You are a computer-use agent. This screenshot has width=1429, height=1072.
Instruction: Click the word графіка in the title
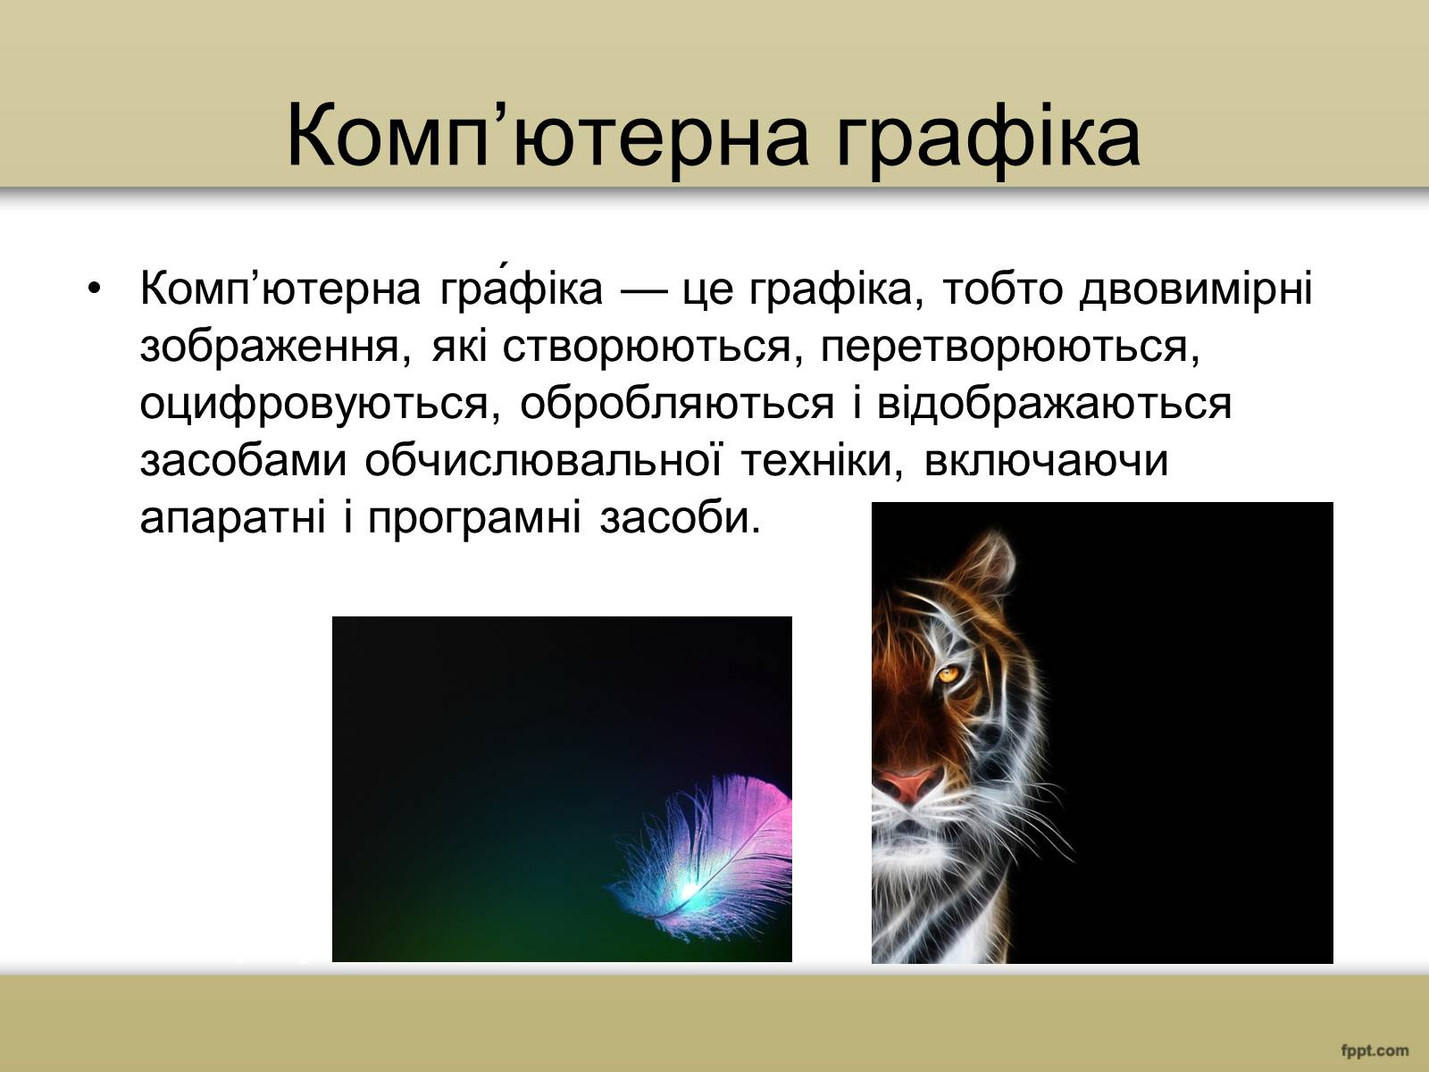989,140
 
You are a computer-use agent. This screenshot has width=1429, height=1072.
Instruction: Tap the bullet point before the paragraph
95,289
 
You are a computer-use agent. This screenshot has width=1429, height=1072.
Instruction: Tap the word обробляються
676,404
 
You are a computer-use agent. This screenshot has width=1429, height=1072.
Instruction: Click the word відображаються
1054,404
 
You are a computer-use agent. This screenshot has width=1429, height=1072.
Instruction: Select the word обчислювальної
543,460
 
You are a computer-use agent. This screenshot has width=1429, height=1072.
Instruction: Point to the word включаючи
1046,461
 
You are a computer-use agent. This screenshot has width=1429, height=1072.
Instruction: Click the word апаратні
233,518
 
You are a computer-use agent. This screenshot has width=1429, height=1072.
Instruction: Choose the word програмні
474,518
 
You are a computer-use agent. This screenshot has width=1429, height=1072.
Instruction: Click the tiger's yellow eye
948,674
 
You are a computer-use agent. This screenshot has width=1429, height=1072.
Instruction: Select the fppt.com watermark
1375,1051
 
